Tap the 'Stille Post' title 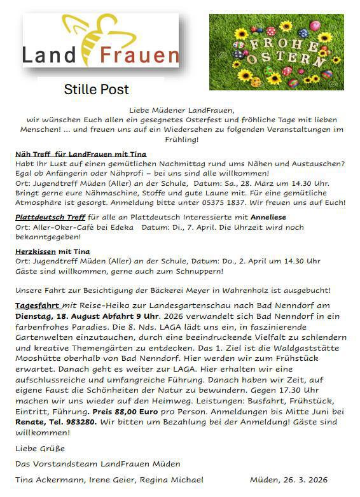(96, 89)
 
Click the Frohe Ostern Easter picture (276, 52)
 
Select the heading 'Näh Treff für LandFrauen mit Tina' (81, 154)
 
